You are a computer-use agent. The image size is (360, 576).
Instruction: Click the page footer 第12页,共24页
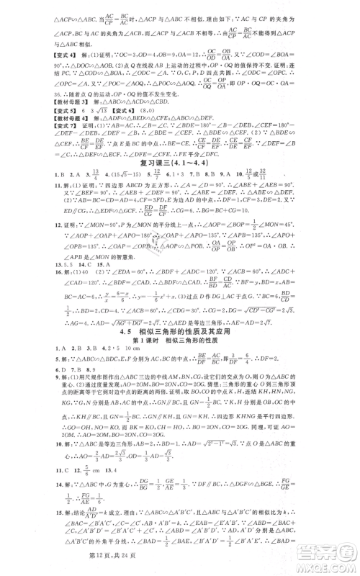tap(180, 561)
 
